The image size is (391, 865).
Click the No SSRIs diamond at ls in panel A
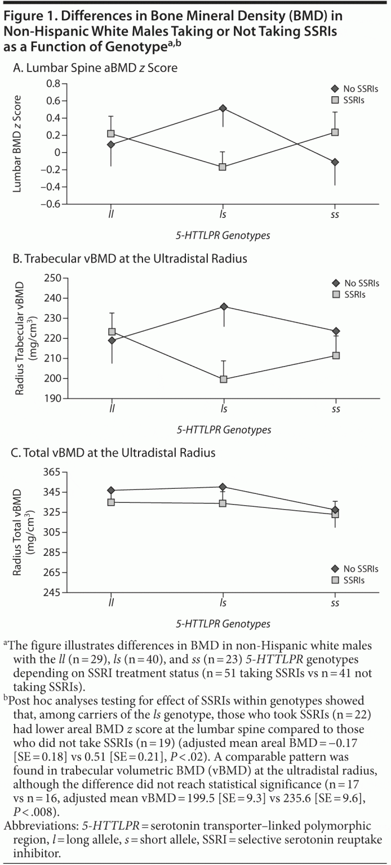223,108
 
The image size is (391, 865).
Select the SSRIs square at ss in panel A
336,132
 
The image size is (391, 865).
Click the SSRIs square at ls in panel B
223,379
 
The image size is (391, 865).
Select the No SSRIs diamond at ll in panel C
111,491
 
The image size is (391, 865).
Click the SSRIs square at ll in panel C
111,502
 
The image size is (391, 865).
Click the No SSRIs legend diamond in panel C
335,570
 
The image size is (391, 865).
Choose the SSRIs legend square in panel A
335,100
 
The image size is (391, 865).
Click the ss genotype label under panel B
336,409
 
